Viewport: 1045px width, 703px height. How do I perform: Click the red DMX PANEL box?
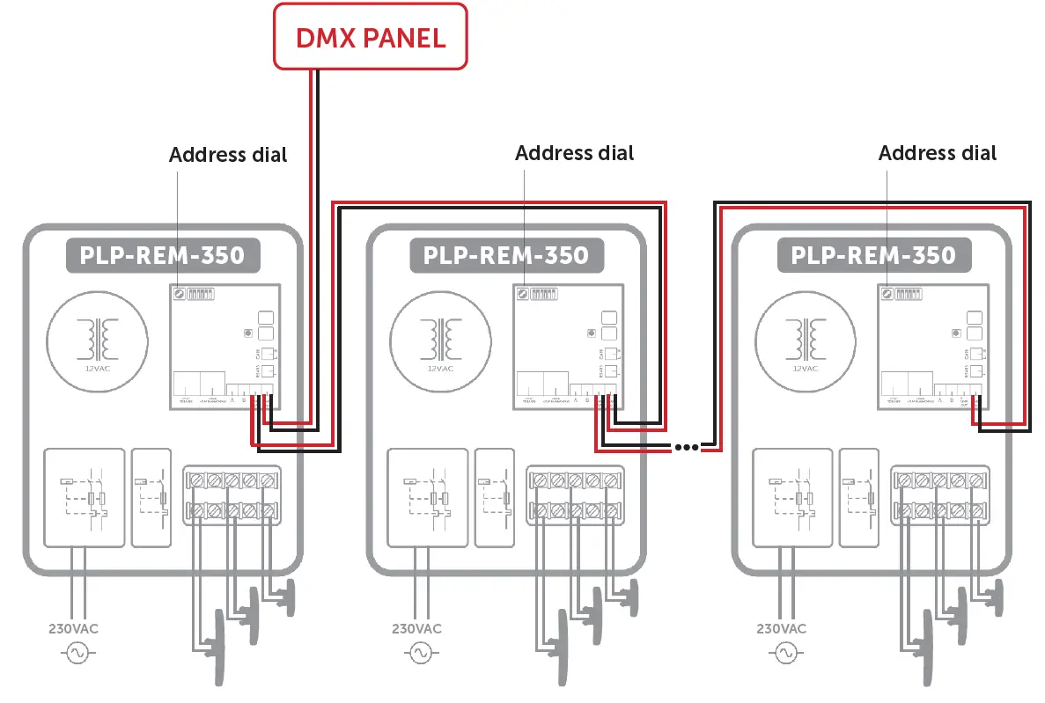pos(370,37)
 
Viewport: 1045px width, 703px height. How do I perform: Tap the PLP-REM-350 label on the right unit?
pos(872,255)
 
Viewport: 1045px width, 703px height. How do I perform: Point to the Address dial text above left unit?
pos(228,155)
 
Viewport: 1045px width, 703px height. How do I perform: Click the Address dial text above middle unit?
pos(574,152)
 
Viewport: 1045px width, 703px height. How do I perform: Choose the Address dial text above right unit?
pos(938,152)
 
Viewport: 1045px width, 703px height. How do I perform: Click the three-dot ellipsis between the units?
pos(686,447)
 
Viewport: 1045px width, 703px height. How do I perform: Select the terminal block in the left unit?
pos(232,494)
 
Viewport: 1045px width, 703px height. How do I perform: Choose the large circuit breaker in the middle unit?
pos(426,497)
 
